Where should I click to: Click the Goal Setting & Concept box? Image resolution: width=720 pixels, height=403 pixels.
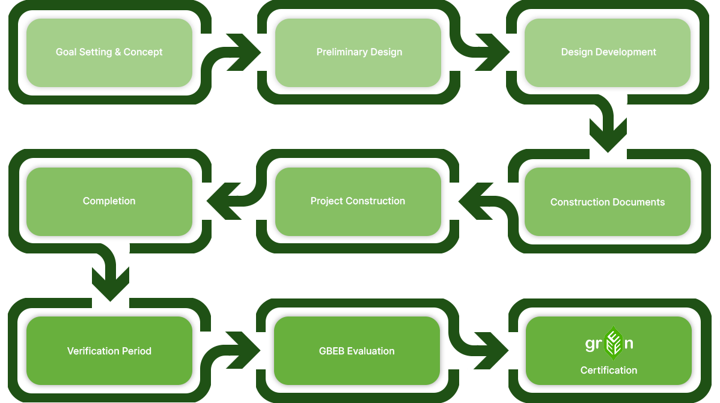pyautogui.click(x=109, y=53)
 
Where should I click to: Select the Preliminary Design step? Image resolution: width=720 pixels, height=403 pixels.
pyautogui.click(x=358, y=53)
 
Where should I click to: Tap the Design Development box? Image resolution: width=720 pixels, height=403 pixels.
pyautogui.click(x=608, y=53)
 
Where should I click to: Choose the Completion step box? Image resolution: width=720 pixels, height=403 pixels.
pyautogui.click(x=109, y=202)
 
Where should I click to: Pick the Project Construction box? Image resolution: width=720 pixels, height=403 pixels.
pyautogui.click(x=358, y=202)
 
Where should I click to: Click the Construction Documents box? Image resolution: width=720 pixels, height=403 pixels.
pyautogui.click(x=608, y=202)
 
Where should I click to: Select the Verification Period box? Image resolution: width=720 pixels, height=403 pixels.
pyautogui.click(x=109, y=351)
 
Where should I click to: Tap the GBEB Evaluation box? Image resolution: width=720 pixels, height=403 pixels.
pyautogui.click(x=357, y=351)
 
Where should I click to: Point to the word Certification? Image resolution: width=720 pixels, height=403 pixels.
pyautogui.click(x=609, y=371)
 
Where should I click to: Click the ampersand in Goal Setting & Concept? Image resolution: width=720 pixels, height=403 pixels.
pyautogui.click(x=118, y=52)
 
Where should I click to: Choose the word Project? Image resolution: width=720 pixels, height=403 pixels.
pyautogui.click(x=325, y=201)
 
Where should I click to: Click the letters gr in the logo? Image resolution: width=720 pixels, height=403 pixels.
pyautogui.click(x=593, y=345)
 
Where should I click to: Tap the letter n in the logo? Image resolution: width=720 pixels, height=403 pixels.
pyautogui.click(x=629, y=345)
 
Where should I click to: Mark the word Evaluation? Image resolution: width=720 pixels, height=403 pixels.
pyautogui.click(x=371, y=351)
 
